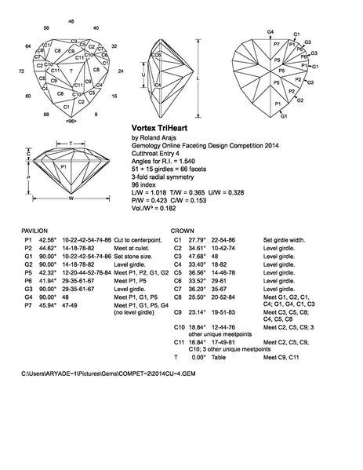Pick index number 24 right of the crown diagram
coord(119,71)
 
